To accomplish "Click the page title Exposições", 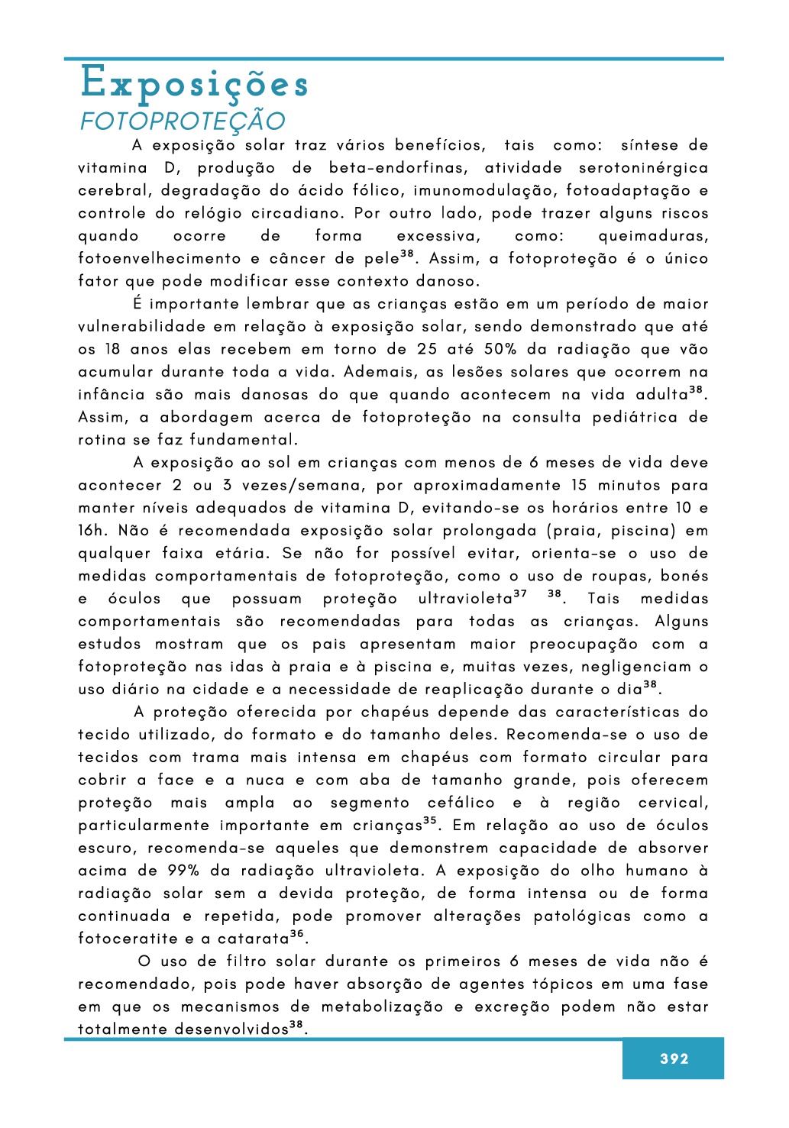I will (x=194, y=83).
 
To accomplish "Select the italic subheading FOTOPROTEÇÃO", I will (x=183, y=121).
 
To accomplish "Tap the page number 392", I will (x=674, y=1059).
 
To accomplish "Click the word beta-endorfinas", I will (x=397, y=168).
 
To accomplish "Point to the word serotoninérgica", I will (x=643, y=168).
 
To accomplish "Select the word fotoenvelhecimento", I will (x=159, y=259).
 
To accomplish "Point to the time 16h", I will (x=92, y=531).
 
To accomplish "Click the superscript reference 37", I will (x=520, y=594).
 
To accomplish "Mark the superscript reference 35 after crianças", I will (x=430, y=821).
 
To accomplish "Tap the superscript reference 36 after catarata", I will (x=297, y=934).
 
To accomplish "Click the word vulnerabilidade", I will (x=142, y=327).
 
